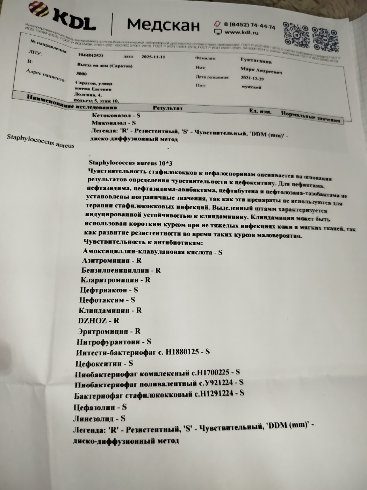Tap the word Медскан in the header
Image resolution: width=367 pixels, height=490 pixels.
[163, 25]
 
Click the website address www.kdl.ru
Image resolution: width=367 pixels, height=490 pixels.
[241, 33]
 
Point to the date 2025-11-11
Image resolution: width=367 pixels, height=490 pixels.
[153, 57]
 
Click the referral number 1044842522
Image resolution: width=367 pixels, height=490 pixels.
[91, 55]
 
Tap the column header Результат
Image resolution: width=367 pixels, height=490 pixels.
[167, 108]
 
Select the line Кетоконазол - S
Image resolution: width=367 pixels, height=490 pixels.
[116, 115]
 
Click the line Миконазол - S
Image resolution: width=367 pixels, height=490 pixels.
[114, 123]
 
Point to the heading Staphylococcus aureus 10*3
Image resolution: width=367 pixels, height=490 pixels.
[130, 163]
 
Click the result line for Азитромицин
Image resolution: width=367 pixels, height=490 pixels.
[111, 260]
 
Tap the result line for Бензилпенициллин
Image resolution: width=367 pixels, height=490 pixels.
[121, 270]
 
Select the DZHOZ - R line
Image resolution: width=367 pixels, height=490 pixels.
[98, 321]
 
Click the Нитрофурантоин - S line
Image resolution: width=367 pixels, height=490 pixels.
[114, 342]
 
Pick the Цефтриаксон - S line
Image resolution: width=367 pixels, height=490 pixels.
[109, 290]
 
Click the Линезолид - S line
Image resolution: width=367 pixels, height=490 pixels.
[99, 418]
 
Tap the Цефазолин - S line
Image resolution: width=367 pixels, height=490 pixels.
[100, 407]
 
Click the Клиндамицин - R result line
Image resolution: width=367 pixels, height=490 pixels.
[110, 310]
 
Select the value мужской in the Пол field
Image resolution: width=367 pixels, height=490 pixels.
[251, 87]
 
